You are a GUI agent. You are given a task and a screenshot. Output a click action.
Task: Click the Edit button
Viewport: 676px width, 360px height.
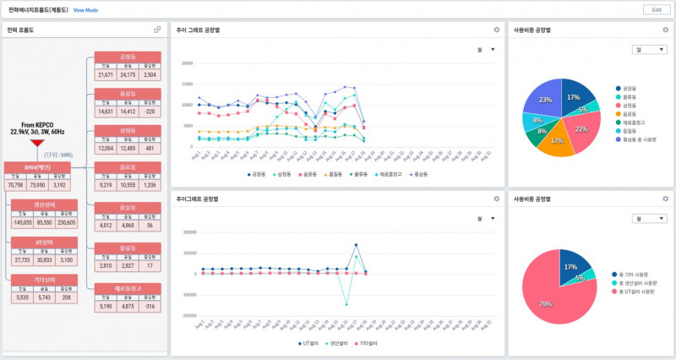coord(656,9)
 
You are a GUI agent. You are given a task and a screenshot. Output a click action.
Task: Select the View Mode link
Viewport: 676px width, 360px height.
coord(85,10)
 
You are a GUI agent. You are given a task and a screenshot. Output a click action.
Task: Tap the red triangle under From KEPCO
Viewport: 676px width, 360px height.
coord(36,143)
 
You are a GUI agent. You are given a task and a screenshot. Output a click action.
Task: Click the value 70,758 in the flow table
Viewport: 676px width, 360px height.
coord(15,183)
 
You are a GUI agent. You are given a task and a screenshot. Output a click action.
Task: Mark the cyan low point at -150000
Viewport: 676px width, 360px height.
coord(346,304)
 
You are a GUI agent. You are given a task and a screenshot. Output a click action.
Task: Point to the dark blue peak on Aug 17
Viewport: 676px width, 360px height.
coord(356,245)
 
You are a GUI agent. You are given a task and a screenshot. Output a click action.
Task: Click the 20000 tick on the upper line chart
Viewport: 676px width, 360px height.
coord(188,63)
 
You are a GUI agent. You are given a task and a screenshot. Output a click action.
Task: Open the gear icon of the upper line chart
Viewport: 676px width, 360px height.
coord(497,30)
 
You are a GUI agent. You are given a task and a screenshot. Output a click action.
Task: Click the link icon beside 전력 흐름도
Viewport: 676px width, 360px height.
coord(157,30)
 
